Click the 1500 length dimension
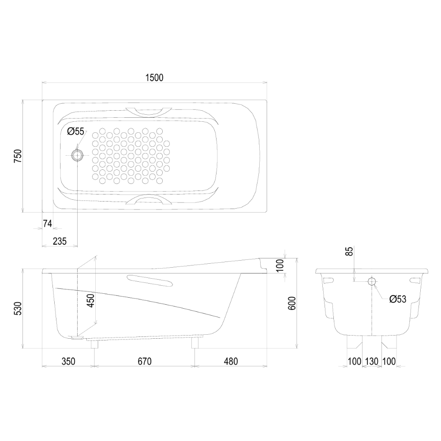(154, 78)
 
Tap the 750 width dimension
(18, 157)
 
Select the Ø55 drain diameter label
(76, 131)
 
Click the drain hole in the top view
(77, 155)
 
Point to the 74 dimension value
(48, 224)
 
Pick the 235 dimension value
(60, 241)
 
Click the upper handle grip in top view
(149, 112)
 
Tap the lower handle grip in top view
(149, 199)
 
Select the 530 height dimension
(18, 309)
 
